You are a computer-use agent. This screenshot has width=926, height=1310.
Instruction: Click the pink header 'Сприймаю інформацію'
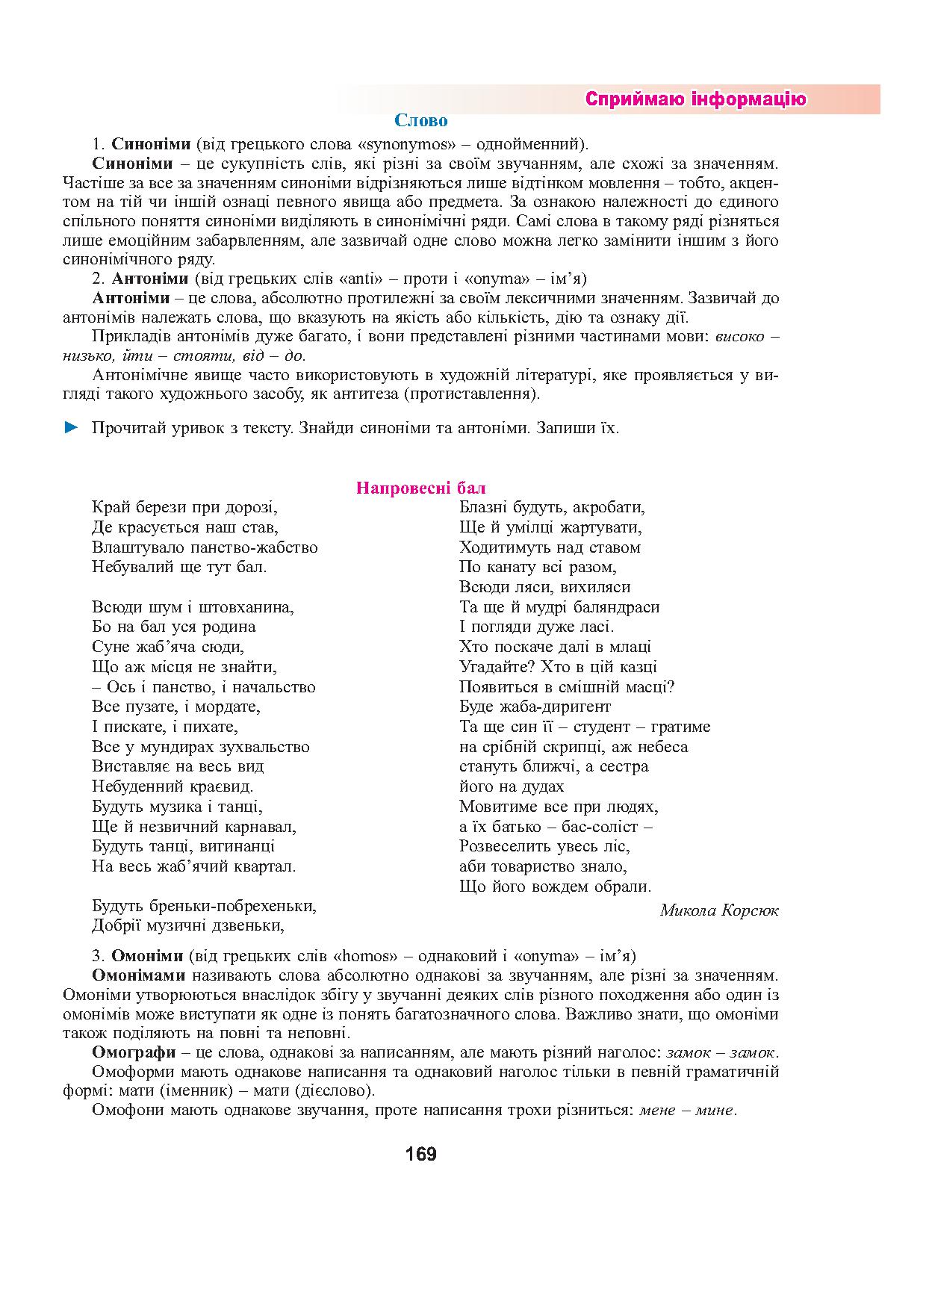[695, 99]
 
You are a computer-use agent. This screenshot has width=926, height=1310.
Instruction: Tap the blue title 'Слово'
[421, 120]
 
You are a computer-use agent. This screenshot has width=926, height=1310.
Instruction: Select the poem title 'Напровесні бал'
[421, 488]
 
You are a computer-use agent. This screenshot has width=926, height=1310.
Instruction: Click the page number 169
[421, 1154]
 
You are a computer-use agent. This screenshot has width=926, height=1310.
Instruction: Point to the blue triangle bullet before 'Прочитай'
[71, 428]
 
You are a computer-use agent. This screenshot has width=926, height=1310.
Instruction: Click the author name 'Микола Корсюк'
[719, 910]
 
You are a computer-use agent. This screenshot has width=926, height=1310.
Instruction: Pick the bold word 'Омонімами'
[139, 975]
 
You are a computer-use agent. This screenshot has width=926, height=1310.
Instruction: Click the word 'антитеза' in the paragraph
[410, 394]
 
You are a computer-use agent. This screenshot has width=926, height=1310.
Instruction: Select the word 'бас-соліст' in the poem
[600, 826]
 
